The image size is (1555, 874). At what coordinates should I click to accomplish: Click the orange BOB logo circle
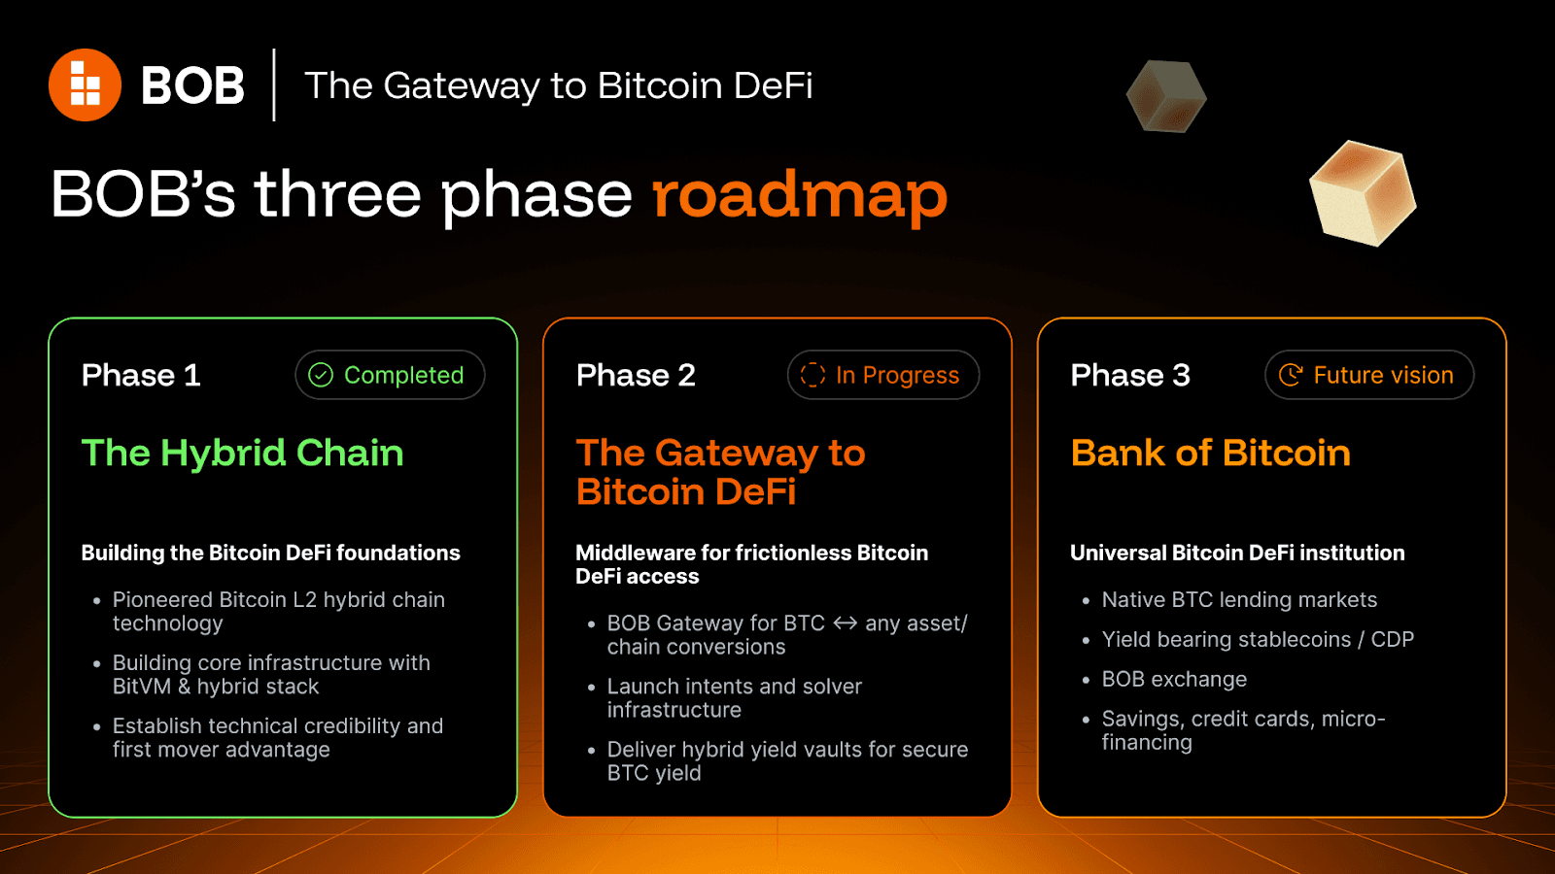click(85, 84)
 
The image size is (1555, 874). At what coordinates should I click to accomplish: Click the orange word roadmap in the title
click(800, 195)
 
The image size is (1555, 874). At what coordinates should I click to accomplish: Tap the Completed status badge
click(390, 375)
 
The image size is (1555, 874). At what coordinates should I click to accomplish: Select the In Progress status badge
click(883, 375)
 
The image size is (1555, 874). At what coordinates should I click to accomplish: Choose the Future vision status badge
click(1369, 375)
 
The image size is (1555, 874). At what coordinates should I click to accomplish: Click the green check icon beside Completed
click(321, 375)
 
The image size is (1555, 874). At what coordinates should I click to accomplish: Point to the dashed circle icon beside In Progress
click(812, 375)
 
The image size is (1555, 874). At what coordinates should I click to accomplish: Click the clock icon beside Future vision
click(1291, 375)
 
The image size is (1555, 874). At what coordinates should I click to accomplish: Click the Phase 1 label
click(141, 375)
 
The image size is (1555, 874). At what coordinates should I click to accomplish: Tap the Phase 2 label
click(636, 375)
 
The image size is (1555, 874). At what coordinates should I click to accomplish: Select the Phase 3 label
click(1130, 375)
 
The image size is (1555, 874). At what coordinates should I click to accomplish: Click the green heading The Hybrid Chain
click(242, 454)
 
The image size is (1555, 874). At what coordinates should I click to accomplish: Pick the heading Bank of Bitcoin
click(1211, 453)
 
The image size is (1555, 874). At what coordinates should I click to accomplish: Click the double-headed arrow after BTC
click(845, 623)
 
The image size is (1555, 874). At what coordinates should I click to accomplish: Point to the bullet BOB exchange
click(1174, 679)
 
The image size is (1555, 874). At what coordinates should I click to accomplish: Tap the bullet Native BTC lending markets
click(1239, 600)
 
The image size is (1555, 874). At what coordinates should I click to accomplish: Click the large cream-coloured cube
click(1362, 193)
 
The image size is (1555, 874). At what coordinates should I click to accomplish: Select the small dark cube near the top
click(1166, 96)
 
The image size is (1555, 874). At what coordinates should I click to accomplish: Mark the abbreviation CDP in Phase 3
click(1392, 639)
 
